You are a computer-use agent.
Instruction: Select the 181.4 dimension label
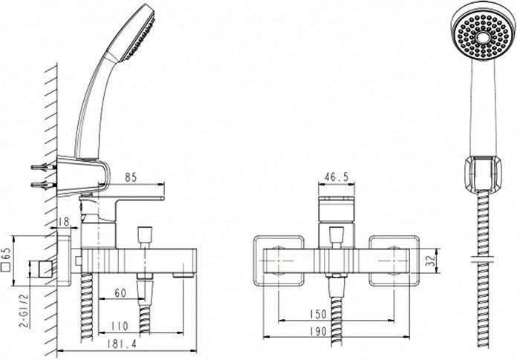point(114,344)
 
